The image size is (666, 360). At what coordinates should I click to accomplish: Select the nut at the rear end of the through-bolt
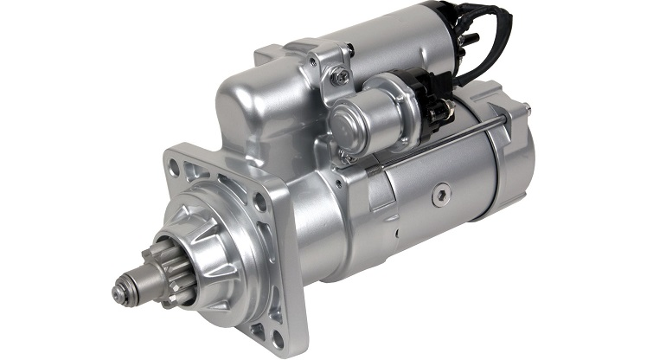pos(524,107)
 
